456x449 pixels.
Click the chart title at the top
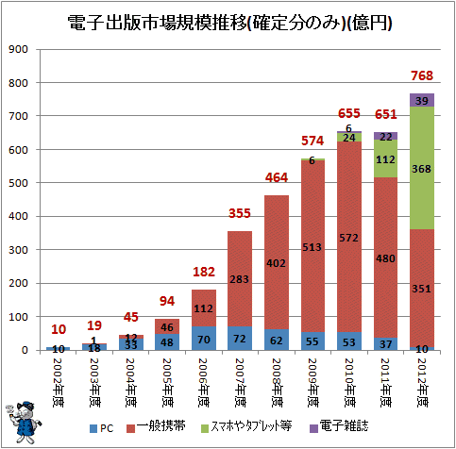(x=229, y=23)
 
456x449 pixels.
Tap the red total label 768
(x=422, y=75)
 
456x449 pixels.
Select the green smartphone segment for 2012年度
(x=422, y=168)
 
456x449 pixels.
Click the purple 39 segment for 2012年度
(x=422, y=100)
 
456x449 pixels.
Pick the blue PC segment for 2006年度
(x=204, y=339)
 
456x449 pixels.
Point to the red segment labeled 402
(x=277, y=262)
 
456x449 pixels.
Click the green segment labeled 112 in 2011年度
(x=385, y=158)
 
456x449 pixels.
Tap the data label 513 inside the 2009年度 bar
(x=312, y=247)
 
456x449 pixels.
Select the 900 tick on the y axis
(x=18, y=49)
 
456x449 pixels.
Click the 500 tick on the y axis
(x=18, y=183)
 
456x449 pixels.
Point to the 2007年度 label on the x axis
(x=240, y=383)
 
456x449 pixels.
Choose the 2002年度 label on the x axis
(x=58, y=383)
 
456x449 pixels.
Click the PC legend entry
(x=101, y=428)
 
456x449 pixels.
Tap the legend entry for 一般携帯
(x=156, y=427)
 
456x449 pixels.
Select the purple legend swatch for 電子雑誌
(x=313, y=428)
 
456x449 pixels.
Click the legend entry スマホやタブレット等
(x=246, y=427)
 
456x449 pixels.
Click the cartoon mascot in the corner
(x=24, y=423)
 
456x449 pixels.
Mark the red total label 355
(x=240, y=213)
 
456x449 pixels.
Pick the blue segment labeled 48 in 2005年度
(x=167, y=342)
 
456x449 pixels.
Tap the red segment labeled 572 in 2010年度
(x=349, y=237)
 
